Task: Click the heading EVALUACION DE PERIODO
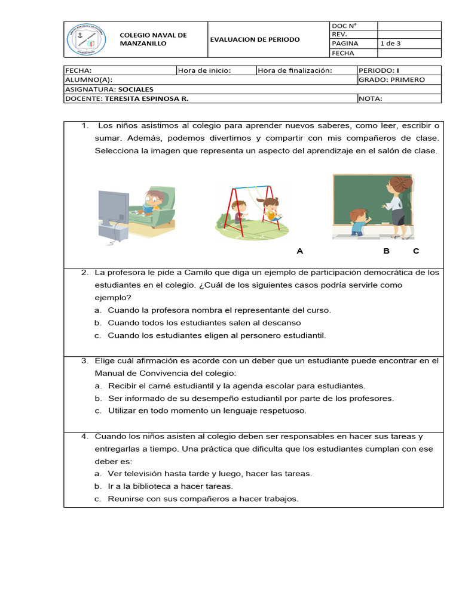coord(255,39)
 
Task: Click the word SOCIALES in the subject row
coord(136,89)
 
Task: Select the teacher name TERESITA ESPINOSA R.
coord(146,98)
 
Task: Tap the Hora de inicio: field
coord(204,70)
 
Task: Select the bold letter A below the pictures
coord(300,251)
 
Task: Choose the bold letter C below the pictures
coord(416,251)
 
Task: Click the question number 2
coord(85,272)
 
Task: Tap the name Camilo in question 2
coord(176,272)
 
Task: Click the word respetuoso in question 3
coord(281,411)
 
